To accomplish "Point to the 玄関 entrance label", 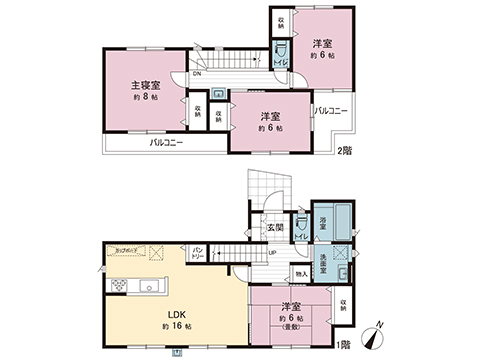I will [x=274, y=227].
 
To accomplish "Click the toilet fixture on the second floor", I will [x=281, y=50].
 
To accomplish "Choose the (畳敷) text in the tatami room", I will [x=294, y=326].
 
